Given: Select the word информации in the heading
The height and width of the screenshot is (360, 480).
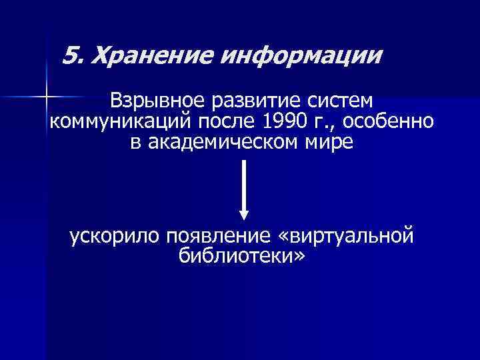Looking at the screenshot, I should (x=300, y=55).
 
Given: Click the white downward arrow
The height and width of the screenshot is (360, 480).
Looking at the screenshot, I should (x=244, y=187).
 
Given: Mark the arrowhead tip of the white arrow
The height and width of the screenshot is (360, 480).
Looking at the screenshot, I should (x=244, y=218).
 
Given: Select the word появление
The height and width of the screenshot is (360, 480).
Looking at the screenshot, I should (x=213, y=237).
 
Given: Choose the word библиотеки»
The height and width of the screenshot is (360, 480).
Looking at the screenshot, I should (x=241, y=256).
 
